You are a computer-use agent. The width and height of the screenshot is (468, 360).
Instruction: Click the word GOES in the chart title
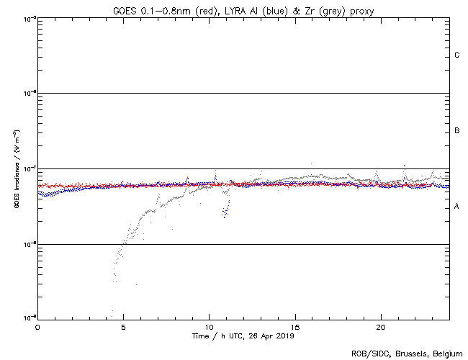pyautogui.click(x=125, y=10)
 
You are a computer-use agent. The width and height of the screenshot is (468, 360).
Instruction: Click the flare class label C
pyautogui.click(x=457, y=55)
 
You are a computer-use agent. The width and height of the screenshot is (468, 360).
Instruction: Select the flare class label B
pyautogui.click(x=457, y=131)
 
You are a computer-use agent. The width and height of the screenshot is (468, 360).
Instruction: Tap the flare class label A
pyautogui.click(x=457, y=207)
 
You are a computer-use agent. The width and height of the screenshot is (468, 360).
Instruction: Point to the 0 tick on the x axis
pyautogui.click(x=37, y=326)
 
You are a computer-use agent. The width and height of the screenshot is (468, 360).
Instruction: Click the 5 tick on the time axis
pyautogui.click(x=123, y=326)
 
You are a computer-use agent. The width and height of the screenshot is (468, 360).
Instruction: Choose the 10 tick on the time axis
pyautogui.click(x=209, y=326)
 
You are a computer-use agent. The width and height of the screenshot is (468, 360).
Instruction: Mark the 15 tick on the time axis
pyautogui.click(x=294, y=326)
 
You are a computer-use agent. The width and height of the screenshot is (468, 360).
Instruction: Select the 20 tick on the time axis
pyautogui.click(x=380, y=326)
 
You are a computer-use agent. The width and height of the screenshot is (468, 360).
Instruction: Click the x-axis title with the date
pyautogui.click(x=243, y=336)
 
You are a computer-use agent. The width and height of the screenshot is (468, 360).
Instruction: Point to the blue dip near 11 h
pyautogui.click(x=225, y=212)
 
